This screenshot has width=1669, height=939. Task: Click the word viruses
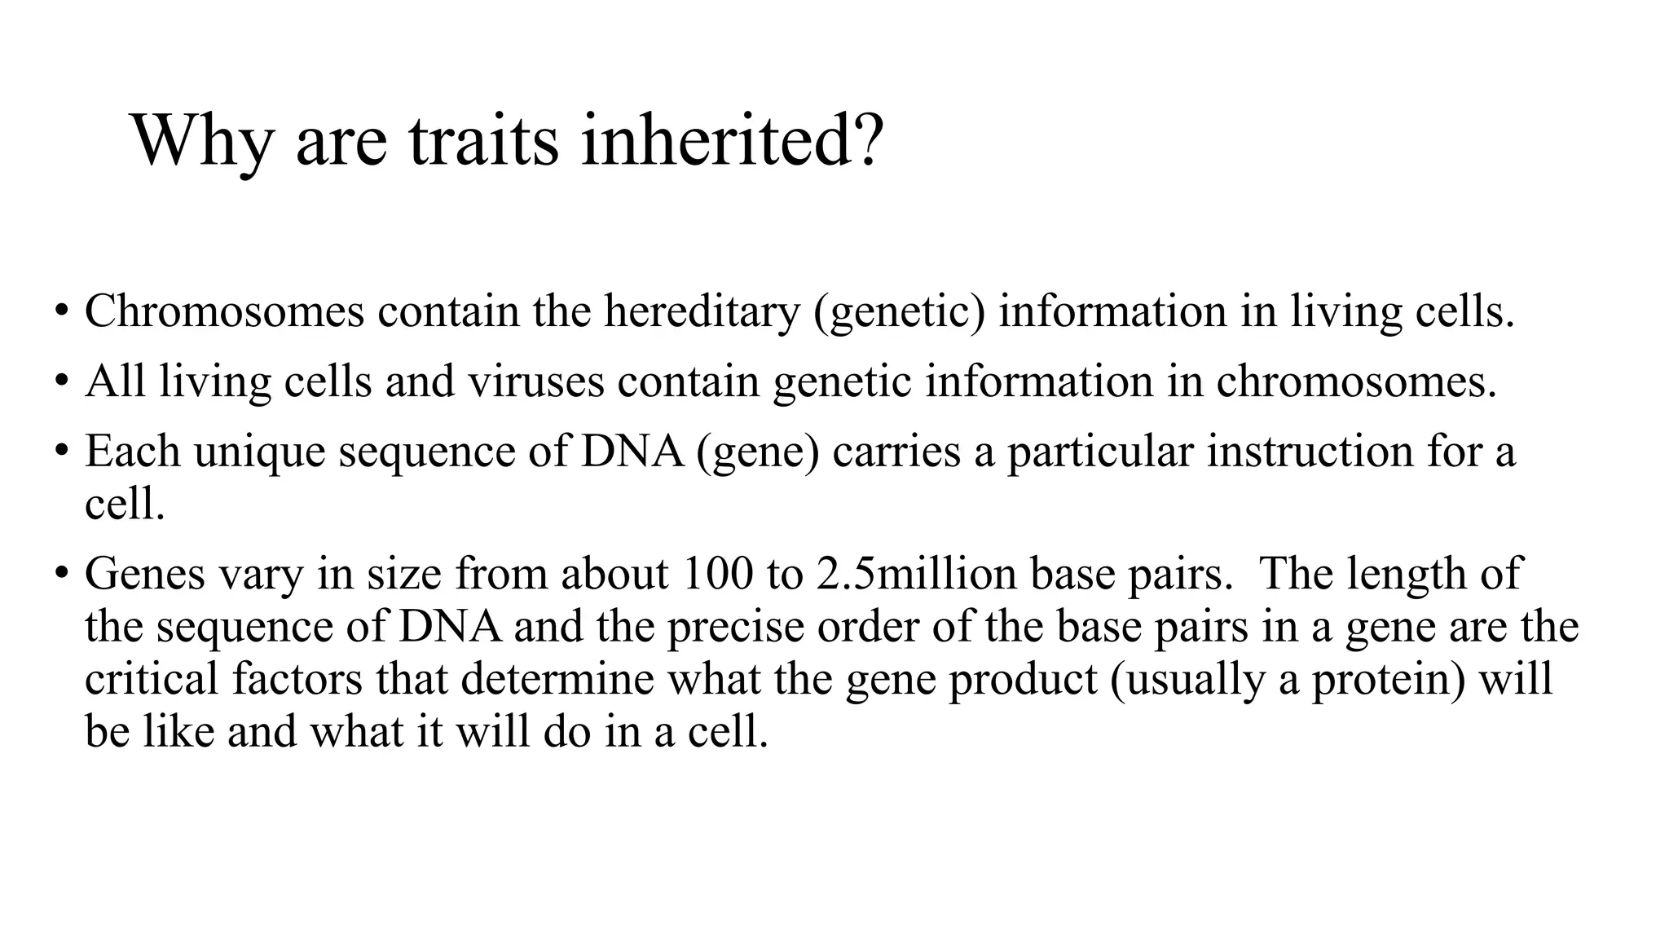click(x=536, y=381)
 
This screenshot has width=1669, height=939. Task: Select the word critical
click(x=152, y=679)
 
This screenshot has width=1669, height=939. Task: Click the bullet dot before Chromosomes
click(x=61, y=312)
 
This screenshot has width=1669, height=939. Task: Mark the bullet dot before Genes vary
click(x=61, y=575)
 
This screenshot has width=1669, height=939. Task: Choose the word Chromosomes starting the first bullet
click(x=224, y=311)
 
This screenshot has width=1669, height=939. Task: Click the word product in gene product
click(x=1023, y=680)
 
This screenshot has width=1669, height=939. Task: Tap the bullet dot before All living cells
click(x=61, y=382)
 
